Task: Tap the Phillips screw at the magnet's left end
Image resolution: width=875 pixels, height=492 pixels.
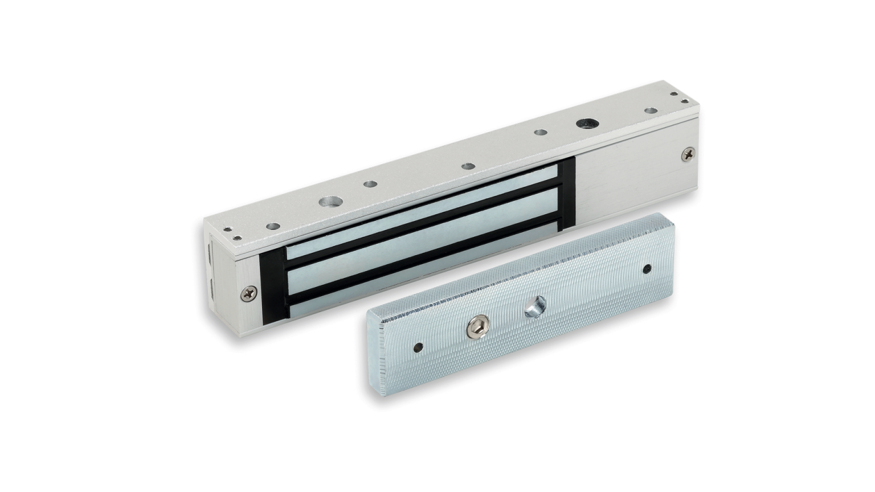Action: [248, 294]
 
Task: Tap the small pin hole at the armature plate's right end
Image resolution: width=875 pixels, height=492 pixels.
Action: [647, 268]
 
